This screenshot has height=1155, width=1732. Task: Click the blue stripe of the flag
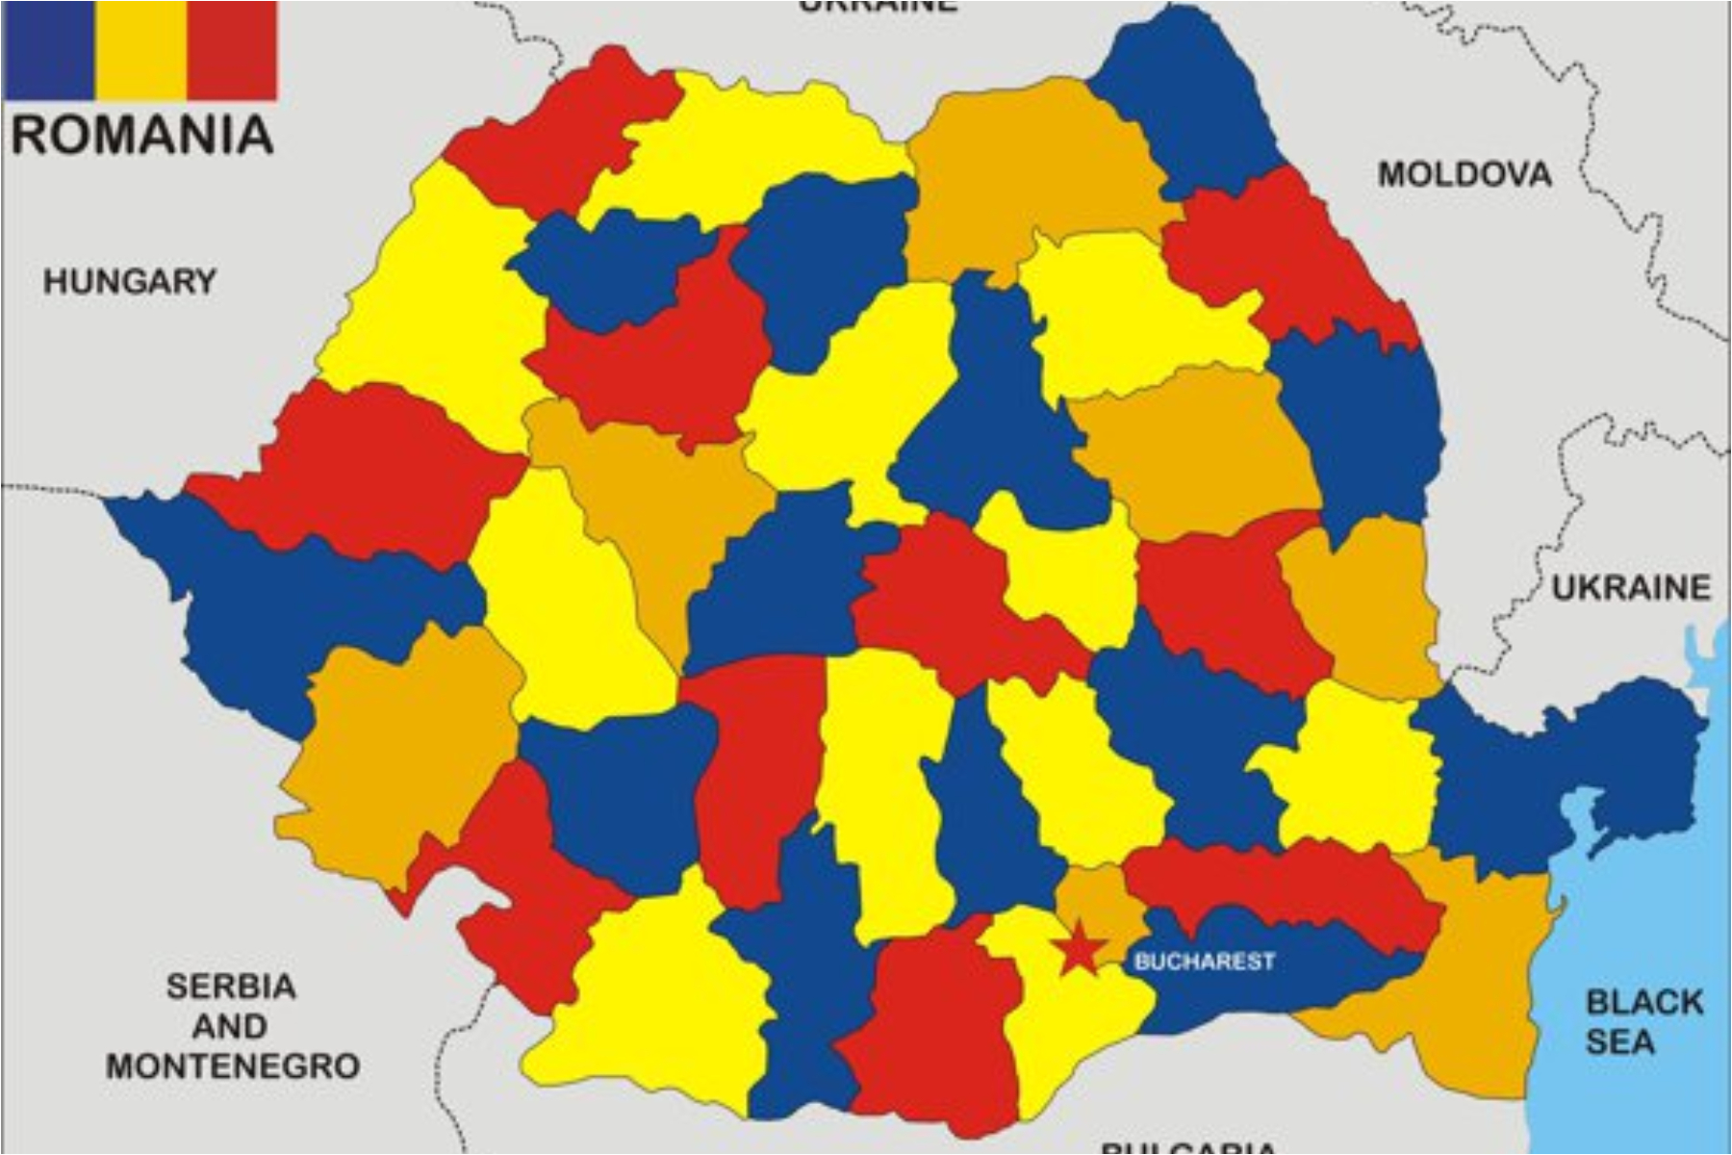point(48,50)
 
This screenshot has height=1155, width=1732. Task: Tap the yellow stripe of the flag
point(140,50)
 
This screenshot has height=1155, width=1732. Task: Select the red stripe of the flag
point(232,50)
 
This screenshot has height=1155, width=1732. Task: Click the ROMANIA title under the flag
point(142,135)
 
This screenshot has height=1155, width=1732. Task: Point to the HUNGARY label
point(130,282)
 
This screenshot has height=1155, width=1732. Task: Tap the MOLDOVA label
point(1465,174)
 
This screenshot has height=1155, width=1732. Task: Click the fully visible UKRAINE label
point(1631,587)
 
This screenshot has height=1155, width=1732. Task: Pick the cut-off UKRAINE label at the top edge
point(878,6)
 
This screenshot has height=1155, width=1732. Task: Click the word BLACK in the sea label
point(1644,1002)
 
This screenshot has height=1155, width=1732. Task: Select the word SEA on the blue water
point(1620,1042)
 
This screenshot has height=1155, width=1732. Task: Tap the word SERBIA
point(231,987)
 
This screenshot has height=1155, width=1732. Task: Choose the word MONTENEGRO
point(233,1066)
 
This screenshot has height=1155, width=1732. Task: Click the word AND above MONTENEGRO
point(229,1026)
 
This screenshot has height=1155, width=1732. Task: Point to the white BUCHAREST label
point(1205,961)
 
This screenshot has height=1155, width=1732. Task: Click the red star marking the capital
point(1080,948)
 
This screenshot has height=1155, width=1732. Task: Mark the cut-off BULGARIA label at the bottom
point(1189,1147)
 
